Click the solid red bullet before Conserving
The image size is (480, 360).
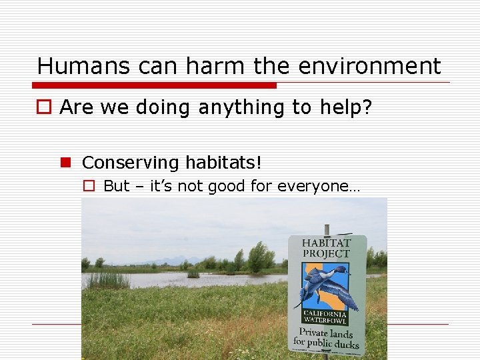(67, 163)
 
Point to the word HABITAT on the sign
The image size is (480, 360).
(327, 243)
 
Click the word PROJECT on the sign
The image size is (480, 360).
(327, 254)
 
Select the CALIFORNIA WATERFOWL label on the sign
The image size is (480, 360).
(325, 318)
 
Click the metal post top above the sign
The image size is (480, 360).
(327, 229)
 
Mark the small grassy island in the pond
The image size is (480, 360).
(193, 273)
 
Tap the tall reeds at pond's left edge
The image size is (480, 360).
(107, 279)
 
